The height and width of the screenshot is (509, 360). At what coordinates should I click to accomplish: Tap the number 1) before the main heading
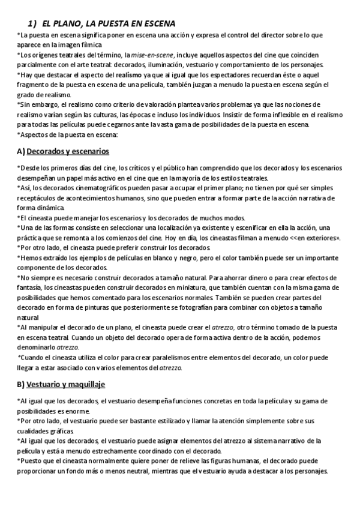click(x=34, y=23)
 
